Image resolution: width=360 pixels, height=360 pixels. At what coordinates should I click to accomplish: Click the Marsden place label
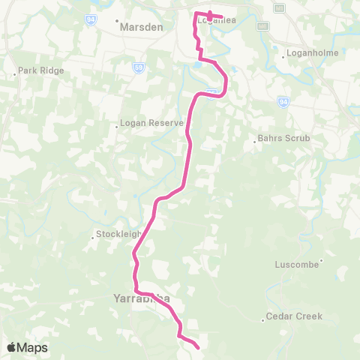click(141, 26)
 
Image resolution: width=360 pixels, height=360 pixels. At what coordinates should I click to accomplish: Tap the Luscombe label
click(297, 265)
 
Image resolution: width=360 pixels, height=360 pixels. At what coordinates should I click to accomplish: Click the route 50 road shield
click(139, 67)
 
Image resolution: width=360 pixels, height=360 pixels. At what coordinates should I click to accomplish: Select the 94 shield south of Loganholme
click(283, 101)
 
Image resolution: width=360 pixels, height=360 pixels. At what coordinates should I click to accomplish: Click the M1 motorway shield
click(262, 25)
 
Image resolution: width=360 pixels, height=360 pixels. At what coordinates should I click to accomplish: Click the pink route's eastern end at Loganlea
click(223, 17)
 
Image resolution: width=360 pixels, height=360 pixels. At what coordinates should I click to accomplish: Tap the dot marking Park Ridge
click(16, 73)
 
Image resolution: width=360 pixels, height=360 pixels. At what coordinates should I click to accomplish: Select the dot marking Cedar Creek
click(264, 320)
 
